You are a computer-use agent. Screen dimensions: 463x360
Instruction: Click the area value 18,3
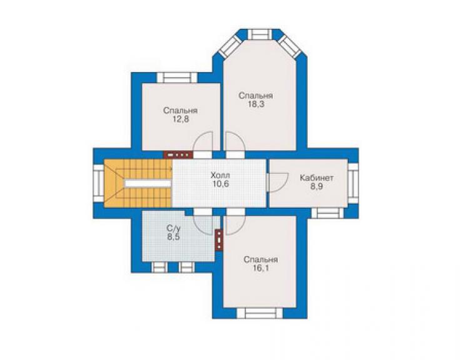tap(256, 105)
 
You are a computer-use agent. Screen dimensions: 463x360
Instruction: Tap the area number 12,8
tap(180, 119)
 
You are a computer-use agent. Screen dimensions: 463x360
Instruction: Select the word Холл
tap(220, 175)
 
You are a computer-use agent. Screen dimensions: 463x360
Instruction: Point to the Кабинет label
tap(317, 178)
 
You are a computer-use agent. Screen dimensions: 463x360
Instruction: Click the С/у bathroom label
tap(173, 229)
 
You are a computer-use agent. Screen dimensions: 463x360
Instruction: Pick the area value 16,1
tap(261, 269)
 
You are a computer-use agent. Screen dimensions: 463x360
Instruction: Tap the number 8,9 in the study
tap(317, 187)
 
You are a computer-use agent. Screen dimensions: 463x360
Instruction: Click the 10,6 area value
tap(220, 184)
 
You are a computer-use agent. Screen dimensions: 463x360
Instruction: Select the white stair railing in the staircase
tap(148, 183)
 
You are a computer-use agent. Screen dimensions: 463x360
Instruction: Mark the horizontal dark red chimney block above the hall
tap(178, 155)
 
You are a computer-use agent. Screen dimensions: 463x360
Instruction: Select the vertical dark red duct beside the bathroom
tap(219, 240)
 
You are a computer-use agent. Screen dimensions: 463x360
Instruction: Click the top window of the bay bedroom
tap(259, 34)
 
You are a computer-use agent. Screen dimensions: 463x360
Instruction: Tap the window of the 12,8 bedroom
tap(177, 78)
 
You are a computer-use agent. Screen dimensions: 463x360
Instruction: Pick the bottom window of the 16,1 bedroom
tap(260, 313)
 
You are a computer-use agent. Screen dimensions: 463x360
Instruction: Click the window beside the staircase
tap(99, 183)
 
